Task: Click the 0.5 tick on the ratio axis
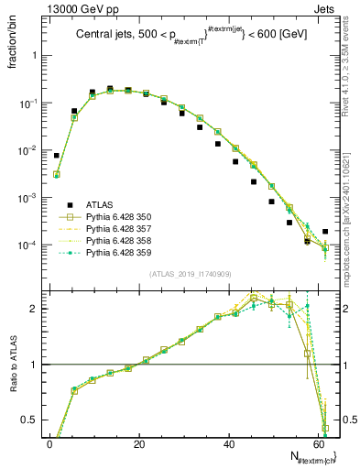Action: click(30, 420)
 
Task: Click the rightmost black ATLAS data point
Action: click(325, 232)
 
